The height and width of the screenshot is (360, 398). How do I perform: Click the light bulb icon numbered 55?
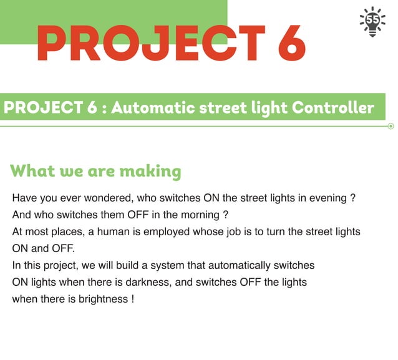point(372,22)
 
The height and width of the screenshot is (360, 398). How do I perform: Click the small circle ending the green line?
point(391,126)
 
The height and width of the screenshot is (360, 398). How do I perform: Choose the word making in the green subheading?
point(150,170)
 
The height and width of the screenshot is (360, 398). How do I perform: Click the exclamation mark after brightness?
point(132,299)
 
